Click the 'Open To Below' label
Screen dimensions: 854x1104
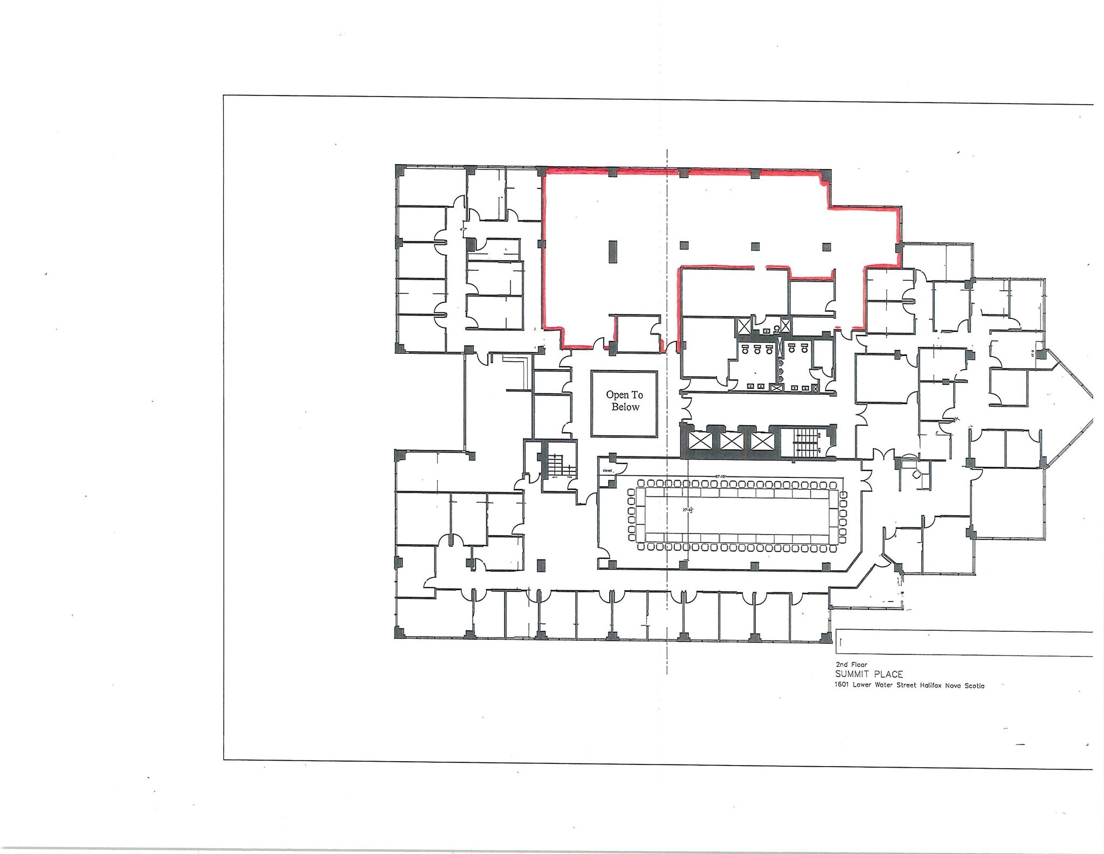tap(624, 401)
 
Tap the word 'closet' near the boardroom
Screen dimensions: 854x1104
tap(607, 470)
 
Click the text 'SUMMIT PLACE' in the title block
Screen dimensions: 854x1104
tap(868, 674)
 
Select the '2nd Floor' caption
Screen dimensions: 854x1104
tap(851, 665)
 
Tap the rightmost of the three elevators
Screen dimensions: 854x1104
tap(762, 442)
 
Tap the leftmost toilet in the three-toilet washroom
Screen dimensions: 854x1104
tap(745, 350)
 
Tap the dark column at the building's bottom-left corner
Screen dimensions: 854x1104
tap(401, 633)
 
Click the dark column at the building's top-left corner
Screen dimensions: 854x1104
tap(401, 171)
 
